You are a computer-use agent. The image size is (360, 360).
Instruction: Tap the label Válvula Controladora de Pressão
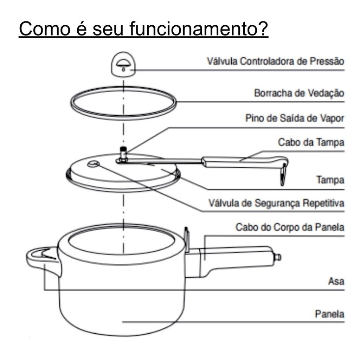pyautogui.click(x=276, y=61)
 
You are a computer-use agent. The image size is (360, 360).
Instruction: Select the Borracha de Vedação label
pyautogui.click(x=299, y=93)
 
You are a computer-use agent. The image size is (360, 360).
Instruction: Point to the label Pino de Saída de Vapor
pyautogui.click(x=295, y=118)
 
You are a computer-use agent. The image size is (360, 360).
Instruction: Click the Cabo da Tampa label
pyautogui.click(x=311, y=142)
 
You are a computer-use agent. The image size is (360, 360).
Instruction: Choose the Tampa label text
pyautogui.click(x=330, y=180)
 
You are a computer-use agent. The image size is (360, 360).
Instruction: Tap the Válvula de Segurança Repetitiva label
pyautogui.click(x=276, y=203)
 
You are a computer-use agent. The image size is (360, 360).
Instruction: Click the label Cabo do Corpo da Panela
pyautogui.click(x=290, y=227)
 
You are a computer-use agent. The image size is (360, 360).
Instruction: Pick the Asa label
pyautogui.click(x=336, y=281)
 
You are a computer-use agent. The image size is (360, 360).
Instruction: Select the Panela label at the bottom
pyautogui.click(x=330, y=314)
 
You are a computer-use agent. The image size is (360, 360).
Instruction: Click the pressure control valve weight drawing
pyautogui.click(x=123, y=64)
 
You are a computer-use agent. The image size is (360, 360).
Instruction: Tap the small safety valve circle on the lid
pyautogui.click(x=94, y=164)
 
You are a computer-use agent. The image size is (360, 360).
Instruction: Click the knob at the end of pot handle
pyautogui.click(x=277, y=257)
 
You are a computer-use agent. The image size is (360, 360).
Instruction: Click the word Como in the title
pyautogui.click(x=45, y=29)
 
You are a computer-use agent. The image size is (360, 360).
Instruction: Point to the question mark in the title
pyautogui.click(x=262, y=29)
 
